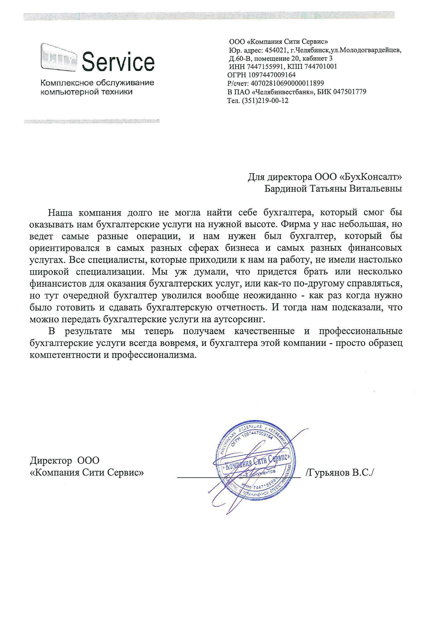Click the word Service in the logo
[x=118, y=62]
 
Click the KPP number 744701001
[x=320, y=67]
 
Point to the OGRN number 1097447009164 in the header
[x=272, y=75]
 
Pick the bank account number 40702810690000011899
[x=287, y=83]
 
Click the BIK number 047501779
[x=349, y=92]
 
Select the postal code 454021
[x=276, y=50]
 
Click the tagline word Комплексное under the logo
[x=67, y=83]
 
